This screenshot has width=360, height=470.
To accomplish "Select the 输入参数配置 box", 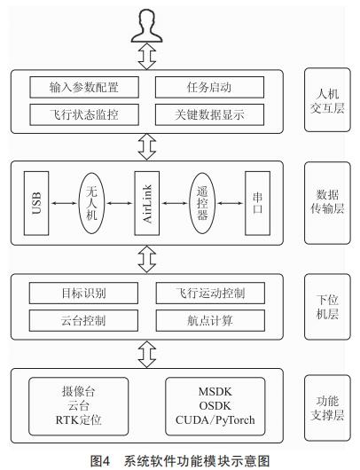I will [x=83, y=88].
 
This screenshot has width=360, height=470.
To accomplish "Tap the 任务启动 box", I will [x=208, y=88].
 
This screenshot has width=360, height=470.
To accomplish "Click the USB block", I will [x=37, y=204].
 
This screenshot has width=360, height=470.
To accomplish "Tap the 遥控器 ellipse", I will [x=202, y=204].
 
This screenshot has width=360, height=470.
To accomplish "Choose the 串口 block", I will [x=256, y=204].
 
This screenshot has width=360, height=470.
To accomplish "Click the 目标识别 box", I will [x=83, y=293].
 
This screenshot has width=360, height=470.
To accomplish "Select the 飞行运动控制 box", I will [x=208, y=293].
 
